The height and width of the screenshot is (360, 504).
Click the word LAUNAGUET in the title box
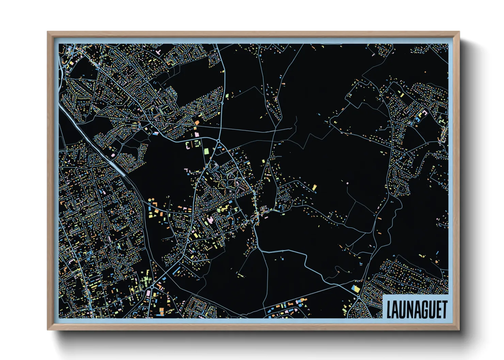(x=416, y=309)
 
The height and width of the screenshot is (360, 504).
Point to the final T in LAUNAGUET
(x=444, y=309)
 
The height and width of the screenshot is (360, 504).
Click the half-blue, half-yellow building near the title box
(x=356, y=289)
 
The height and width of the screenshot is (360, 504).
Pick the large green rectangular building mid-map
(x=206, y=151)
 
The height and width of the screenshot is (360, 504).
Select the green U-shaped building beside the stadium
(x=188, y=146)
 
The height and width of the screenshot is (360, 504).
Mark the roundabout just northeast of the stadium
(x=218, y=141)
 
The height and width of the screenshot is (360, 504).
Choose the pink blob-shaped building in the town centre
(x=211, y=220)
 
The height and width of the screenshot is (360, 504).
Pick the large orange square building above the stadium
(x=197, y=122)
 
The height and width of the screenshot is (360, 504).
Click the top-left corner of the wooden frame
(x=47, y=32)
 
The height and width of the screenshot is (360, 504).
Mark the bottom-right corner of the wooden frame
(x=459, y=330)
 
